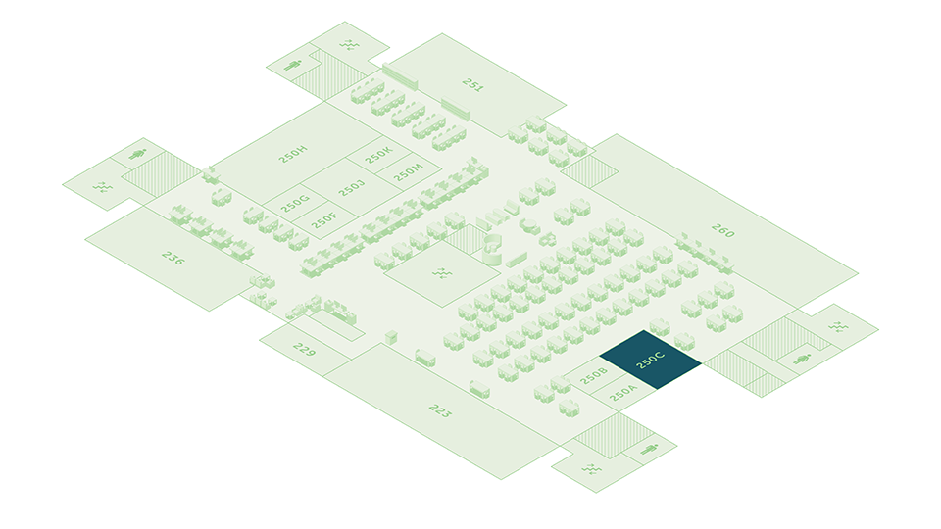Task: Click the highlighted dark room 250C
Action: pyautogui.click(x=651, y=361)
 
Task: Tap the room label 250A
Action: pyautogui.click(x=623, y=394)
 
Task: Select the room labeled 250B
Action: pyautogui.click(x=594, y=375)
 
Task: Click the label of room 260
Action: pyautogui.click(x=723, y=233)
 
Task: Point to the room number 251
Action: pyautogui.click(x=473, y=86)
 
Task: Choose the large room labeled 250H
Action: pyautogui.click(x=293, y=153)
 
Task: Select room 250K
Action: pyautogui.click(x=378, y=154)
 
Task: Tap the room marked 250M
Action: pyautogui.click(x=408, y=171)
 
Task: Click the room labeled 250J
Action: pyautogui.click(x=351, y=187)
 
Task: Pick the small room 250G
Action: pyautogui.click(x=295, y=204)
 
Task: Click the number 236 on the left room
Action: pyautogui.click(x=173, y=259)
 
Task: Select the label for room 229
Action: pyautogui.click(x=303, y=349)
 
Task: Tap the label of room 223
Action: pyautogui.click(x=439, y=410)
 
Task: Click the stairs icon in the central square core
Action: pyautogui.click(x=442, y=272)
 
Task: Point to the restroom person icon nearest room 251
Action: pyautogui.click(x=292, y=66)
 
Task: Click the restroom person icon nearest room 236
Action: pyautogui.click(x=137, y=154)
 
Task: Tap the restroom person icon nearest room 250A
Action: pyautogui.click(x=649, y=450)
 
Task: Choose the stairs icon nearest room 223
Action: pyautogui.click(x=591, y=469)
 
